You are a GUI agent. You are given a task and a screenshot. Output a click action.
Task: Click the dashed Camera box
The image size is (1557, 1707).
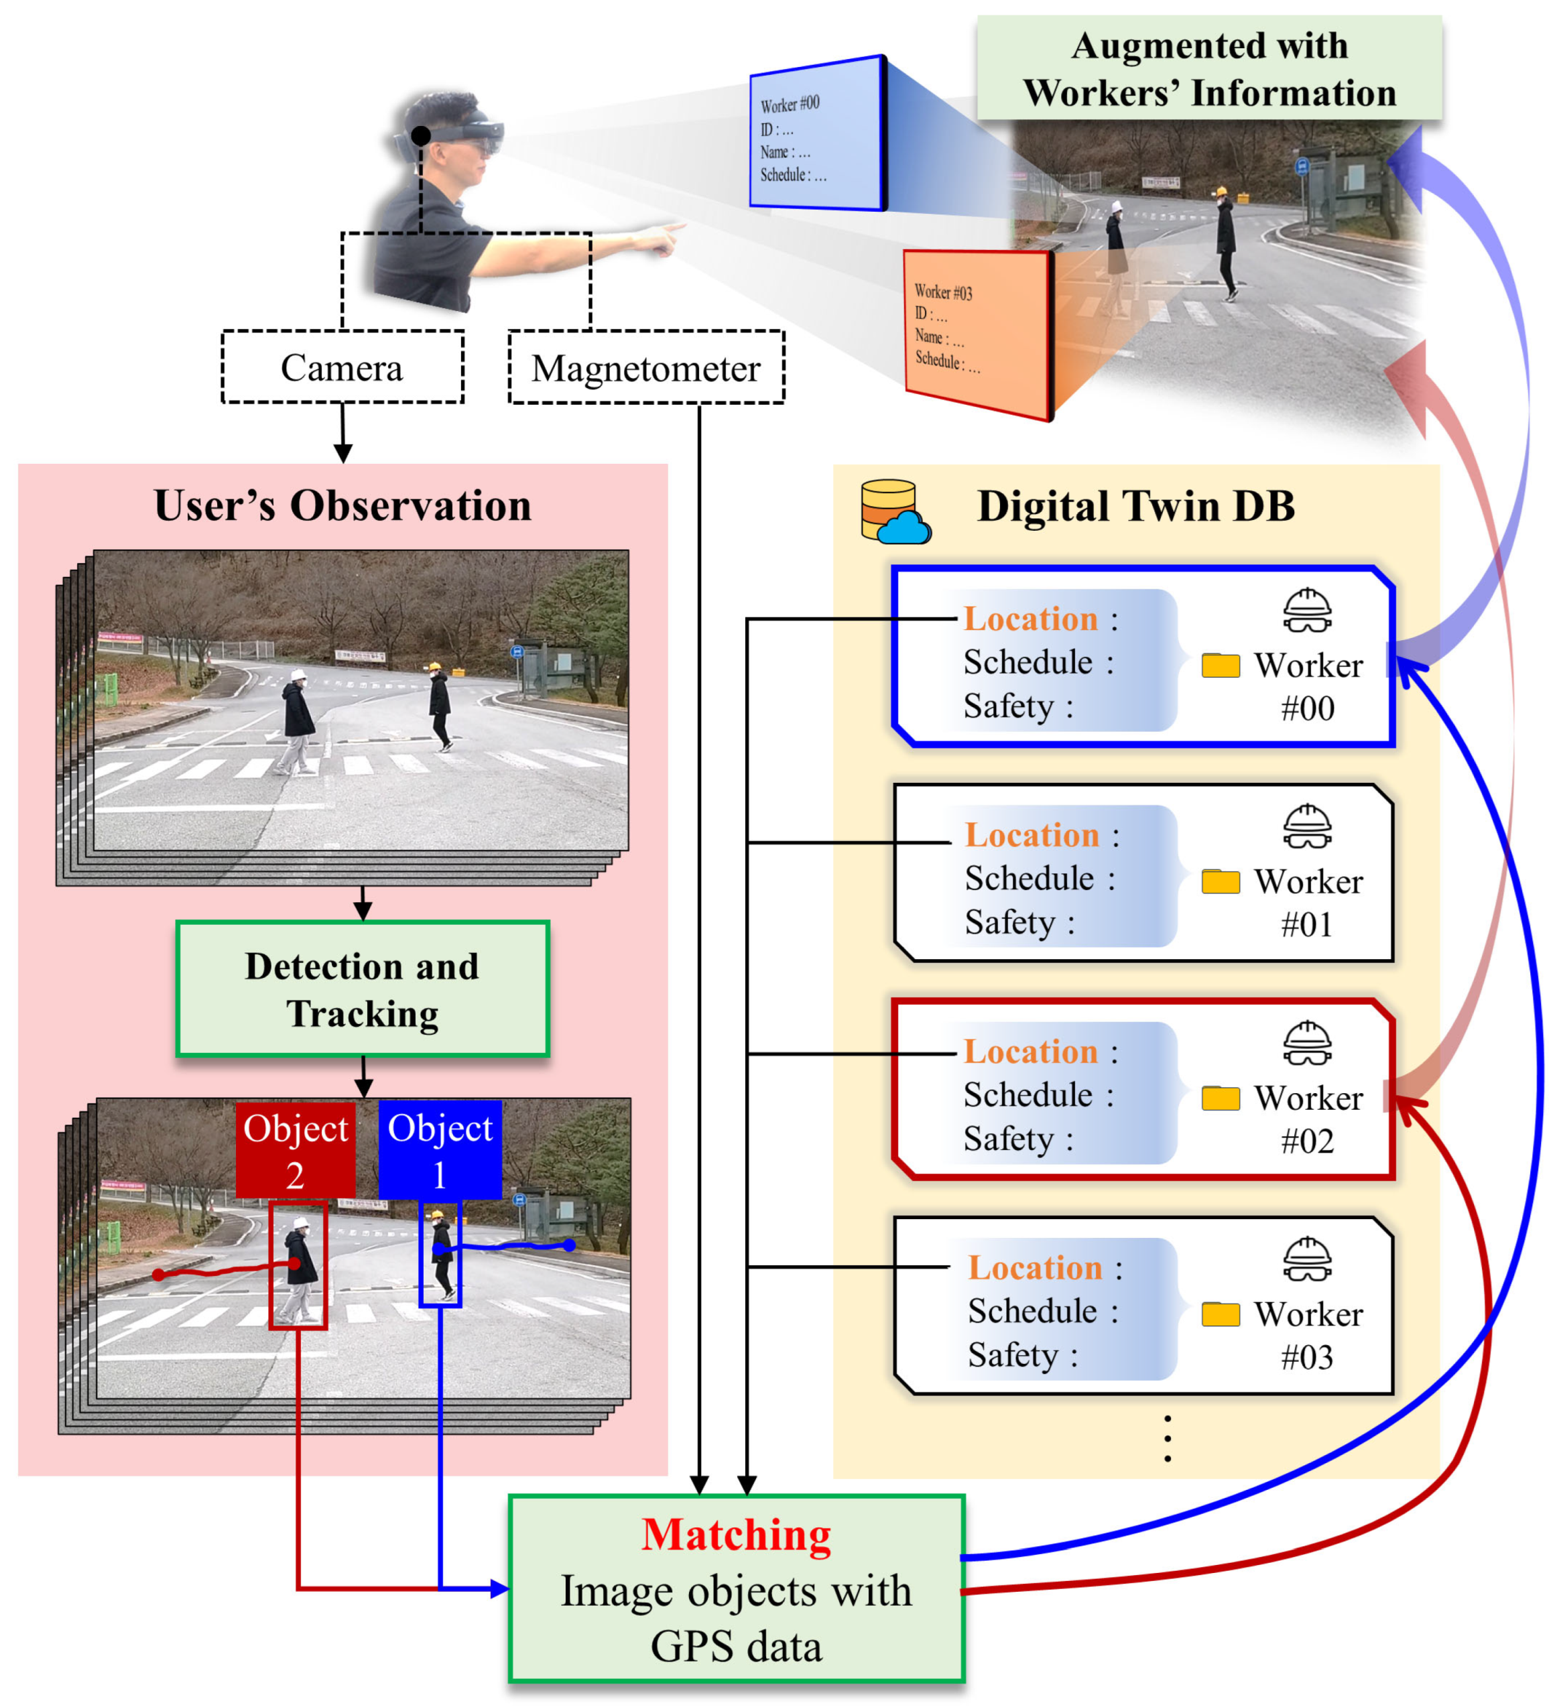[x=342, y=367]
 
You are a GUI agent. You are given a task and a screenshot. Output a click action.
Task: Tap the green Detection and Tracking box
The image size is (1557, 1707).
[x=363, y=989]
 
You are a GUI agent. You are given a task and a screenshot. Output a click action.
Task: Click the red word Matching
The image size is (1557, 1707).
[x=736, y=1535]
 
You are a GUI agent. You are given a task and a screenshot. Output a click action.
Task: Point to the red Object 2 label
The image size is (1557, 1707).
[x=295, y=1150]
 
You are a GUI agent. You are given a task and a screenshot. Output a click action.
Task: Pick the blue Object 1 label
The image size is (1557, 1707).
[x=440, y=1150]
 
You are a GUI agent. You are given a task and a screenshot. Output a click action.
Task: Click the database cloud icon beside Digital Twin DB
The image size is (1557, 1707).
[x=895, y=511]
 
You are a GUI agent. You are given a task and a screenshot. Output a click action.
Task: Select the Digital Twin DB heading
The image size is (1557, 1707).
[x=1135, y=507]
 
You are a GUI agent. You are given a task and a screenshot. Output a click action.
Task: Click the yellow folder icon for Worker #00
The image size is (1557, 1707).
[x=1220, y=665]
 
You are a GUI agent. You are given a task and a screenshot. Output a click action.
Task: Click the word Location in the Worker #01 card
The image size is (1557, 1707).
[x=1032, y=835]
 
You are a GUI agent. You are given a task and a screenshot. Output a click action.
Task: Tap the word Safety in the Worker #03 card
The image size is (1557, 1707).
[x=1013, y=1354]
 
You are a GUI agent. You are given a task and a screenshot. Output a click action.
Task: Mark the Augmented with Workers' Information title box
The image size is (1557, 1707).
[x=1208, y=68]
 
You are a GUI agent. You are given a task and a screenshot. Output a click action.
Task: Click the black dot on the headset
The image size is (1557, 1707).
[x=421, y=135]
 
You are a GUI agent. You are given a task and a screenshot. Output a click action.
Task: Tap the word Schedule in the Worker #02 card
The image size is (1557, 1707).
[x=1028, y=1095]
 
